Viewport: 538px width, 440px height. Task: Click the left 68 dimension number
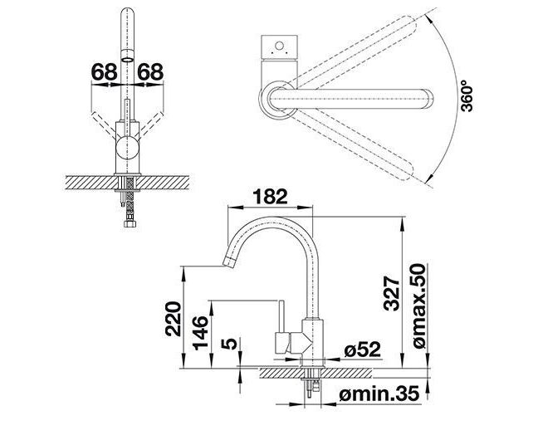pos(105,72)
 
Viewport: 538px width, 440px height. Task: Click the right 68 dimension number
pos(150,72)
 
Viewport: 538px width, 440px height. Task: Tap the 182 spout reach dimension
pos(270,197)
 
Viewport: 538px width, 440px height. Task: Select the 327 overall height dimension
pos(392,293)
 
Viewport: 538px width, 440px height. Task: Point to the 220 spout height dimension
pos(173,318)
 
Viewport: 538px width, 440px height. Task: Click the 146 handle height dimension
pos(200,333)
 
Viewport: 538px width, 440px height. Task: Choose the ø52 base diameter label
pos(363,350)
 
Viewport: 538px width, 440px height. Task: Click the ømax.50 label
pos(419,306)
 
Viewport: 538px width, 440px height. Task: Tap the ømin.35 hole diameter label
pos(379,394)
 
